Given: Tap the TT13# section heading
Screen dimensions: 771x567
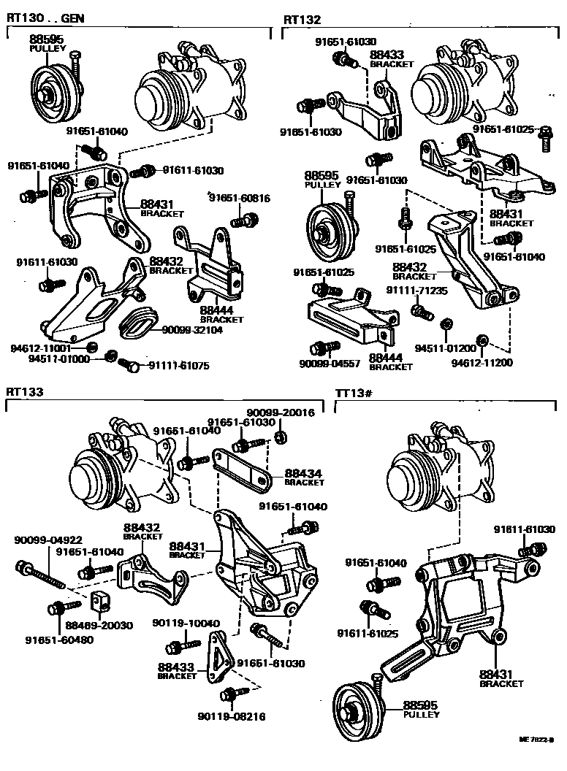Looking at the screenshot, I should coord(354,394).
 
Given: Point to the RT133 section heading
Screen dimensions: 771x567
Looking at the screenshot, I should coord(26,392).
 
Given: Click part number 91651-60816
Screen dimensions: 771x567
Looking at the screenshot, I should coord(240,198).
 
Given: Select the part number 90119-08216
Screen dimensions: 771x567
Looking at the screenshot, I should coord(231,716).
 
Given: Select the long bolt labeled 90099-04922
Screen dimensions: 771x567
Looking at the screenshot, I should coord(40,575).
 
